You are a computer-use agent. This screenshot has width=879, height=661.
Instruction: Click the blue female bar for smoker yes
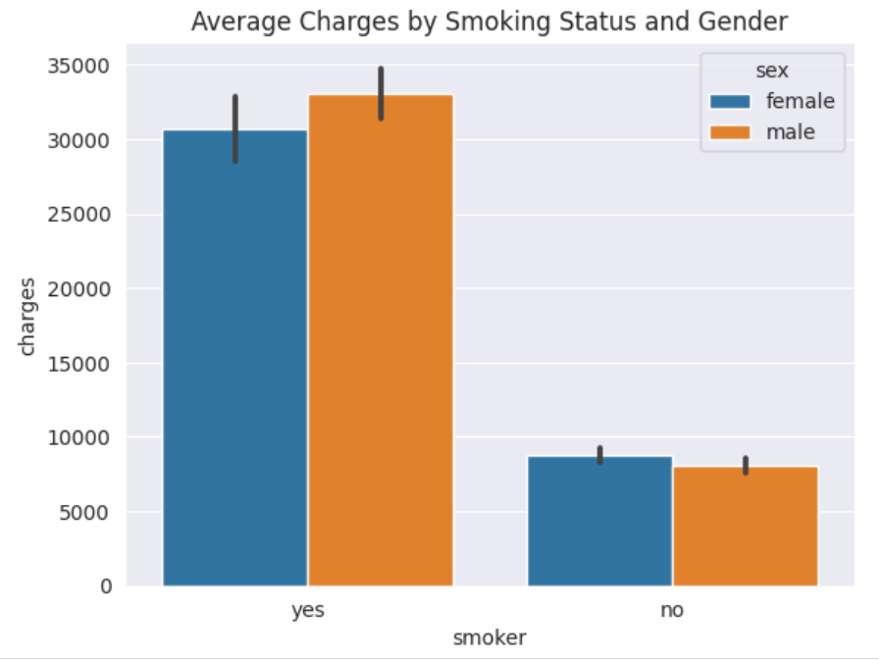[x=235, y=358]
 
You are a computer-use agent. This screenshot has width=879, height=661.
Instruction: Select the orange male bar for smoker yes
[x=381, y=340]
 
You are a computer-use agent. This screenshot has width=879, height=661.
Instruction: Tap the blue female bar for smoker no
[x=599, y=521]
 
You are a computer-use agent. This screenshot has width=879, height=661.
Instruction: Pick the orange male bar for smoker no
[x=746, y=526]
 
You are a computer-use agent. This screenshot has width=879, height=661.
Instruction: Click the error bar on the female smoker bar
[x=235, y=128]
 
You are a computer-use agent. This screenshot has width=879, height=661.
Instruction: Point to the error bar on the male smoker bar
[x=382, y=93]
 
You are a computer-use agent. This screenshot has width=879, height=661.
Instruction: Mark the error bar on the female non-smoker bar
[x=599, y=455]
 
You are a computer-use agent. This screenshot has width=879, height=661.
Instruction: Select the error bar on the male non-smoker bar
[x=746, y=466]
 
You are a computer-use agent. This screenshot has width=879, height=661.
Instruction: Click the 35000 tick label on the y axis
[x=78, y=66]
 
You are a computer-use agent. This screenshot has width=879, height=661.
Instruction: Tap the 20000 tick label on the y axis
[x=78, y=289]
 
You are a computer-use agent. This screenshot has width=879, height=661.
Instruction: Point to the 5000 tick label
[x=84, y=512]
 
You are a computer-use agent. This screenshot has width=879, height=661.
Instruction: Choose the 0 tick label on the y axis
[x=106, y=586]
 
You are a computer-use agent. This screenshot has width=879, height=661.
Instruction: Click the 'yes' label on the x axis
[x=308, y=610]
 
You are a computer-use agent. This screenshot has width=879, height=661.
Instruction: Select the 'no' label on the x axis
[x=672, y=609]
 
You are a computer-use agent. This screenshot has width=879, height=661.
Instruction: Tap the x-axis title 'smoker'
[x=490, y=638]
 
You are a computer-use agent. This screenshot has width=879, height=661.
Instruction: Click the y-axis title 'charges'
[x=26, y=317]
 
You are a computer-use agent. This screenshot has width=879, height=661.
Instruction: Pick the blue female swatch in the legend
[x=730, y=101]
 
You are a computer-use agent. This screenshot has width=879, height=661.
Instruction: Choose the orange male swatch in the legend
[x=730, y=132]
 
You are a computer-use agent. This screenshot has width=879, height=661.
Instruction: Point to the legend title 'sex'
[x=772, y=71]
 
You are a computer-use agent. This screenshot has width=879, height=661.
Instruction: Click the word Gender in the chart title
[x=743, y=22]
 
